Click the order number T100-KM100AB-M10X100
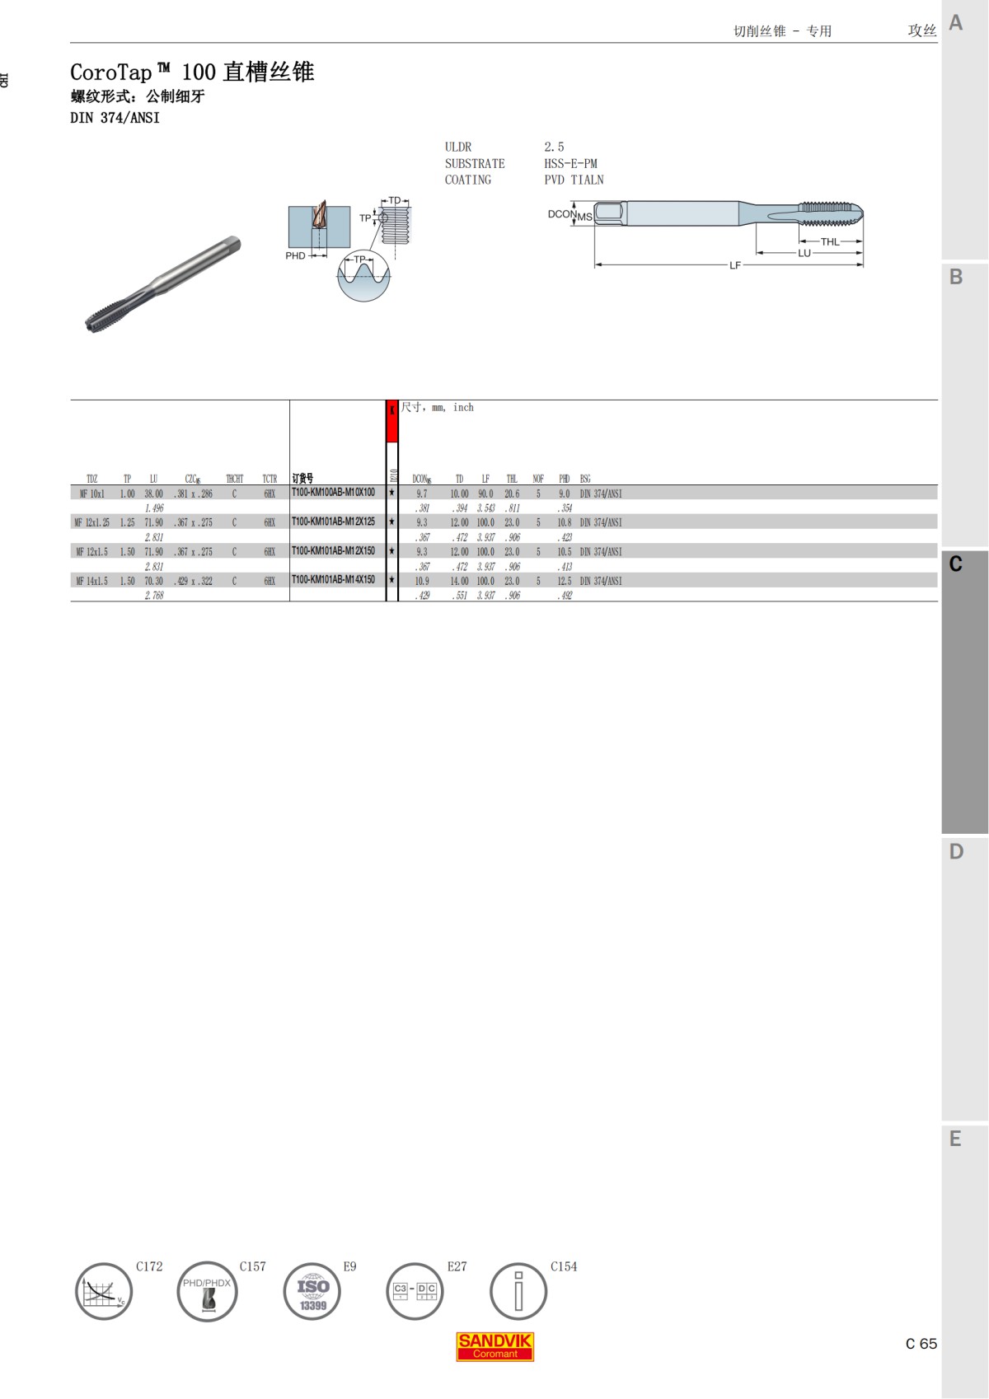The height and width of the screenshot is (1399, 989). pyautogui.click(x=333, y=493)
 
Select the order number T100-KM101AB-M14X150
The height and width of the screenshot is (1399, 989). pyautogui.click(x=333, y=580)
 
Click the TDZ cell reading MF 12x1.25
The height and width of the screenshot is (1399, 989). pyautogui.click(x=91, y=522)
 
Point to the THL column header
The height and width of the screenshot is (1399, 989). pyautogui.click(x=512, y=479)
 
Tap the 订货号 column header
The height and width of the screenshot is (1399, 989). pyautogui.click(x=302, y=479)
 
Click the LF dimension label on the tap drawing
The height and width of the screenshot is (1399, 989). pyautogui.click(x=735, y=265)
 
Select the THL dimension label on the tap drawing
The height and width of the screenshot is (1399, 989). pyautogui.click(x=829, y=241)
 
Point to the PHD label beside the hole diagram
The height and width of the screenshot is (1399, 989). pyautogui.click(x=295, y=256)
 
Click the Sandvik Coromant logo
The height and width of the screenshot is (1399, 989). pyautogui.click(x=494, y=1347)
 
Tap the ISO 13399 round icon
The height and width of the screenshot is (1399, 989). pyautogui.click(x=312, y=1291)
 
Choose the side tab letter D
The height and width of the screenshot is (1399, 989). pyautogui.click(x=956, y=851)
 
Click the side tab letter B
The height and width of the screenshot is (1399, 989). pyautogui.click(x=956, y=277)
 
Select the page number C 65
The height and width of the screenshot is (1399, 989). pyautogui.click(x=921, y=1344)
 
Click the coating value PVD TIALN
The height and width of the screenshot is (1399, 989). pyautogui.click(x=574, y=180)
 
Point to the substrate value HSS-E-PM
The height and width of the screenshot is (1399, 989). pyautogui.click(x=570, y=163)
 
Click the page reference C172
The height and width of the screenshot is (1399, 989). pyautogui.click(x=149, y=1266)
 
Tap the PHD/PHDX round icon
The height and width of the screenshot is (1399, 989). pyautogui.click(x=207, y=1291)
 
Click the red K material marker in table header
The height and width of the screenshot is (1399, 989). pyautogui.click(x=392, y=421)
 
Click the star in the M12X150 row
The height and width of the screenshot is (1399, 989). pyautogui.click(x=392, y=551)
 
